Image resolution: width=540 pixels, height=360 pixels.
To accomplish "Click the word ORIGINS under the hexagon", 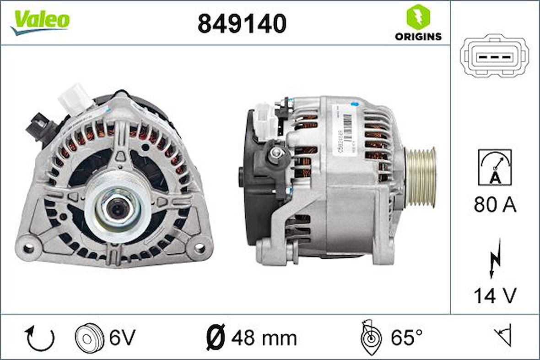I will [x=418, y=37].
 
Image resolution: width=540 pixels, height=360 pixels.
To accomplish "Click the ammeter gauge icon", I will [x=495, y=167].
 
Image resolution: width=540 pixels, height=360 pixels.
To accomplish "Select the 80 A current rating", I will [x=495, y=205].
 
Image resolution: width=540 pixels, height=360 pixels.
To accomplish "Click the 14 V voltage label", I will [x=495, y=295].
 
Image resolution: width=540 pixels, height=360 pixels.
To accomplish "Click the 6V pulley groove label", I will [x=123, y=338].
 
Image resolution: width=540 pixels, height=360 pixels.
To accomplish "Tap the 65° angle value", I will [x=407, y=338].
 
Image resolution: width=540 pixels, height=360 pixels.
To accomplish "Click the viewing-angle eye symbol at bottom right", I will [x=503, y=337].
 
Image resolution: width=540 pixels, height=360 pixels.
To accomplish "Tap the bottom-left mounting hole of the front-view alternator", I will [x=29, y=248].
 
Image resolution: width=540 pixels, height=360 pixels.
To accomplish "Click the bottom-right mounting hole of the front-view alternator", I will [x=200, y=248].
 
